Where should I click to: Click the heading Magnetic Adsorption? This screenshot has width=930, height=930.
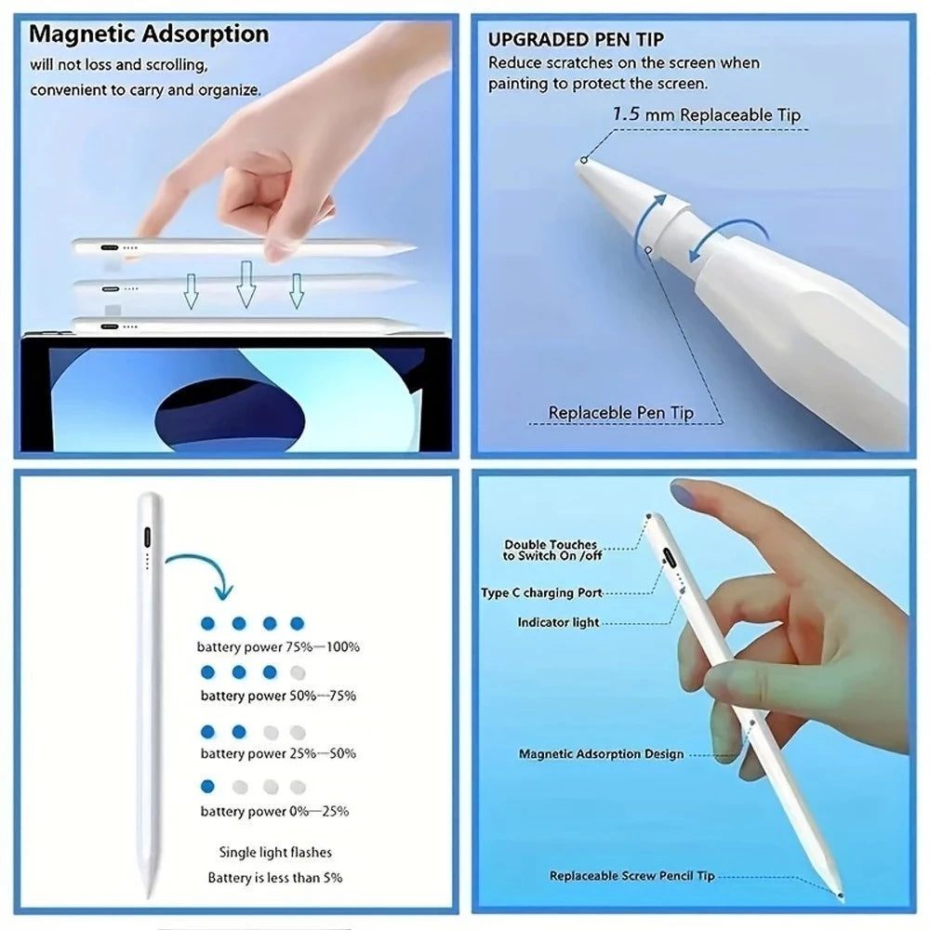149,35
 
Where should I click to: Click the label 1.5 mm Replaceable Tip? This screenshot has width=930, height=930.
706,115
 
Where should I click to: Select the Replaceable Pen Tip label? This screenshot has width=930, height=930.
621,412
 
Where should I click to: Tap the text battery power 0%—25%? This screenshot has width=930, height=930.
274,811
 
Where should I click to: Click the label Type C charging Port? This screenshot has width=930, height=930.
541,592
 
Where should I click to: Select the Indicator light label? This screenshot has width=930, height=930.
558,622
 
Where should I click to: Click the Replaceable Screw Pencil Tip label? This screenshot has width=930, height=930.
631,876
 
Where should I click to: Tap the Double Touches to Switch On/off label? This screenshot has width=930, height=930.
551,550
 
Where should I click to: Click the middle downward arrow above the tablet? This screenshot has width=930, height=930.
246,284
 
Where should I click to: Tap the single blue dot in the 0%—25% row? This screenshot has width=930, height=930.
207,786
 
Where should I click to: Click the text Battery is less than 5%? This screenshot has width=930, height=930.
274,877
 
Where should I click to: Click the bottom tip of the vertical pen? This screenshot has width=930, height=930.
149,894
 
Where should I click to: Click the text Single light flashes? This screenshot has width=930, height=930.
275,852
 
